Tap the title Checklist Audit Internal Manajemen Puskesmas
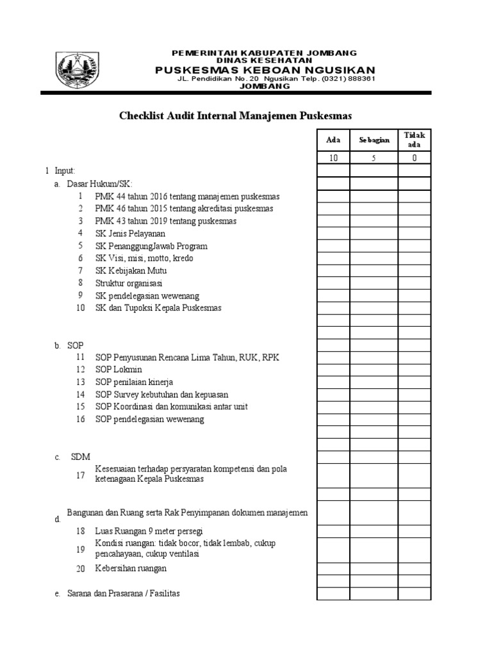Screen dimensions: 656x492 coord(236,116)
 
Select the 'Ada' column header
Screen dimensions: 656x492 coord(333,140)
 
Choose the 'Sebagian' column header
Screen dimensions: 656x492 coord(373,140)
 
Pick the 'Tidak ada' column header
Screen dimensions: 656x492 coord(414,140)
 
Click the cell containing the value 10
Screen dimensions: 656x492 coord(333,158)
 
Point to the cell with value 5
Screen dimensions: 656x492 coord(373,158)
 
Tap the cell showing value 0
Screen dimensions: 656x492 coord(414,158)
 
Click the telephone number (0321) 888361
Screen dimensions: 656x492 coord(348,79)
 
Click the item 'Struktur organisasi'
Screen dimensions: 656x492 coord(129,283)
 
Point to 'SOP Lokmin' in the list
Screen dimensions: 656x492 coord(119,370)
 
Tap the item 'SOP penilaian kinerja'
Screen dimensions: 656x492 coord(134,382)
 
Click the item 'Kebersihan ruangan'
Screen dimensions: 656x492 coord(131,568)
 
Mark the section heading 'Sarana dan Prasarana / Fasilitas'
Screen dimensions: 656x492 coord(124,593)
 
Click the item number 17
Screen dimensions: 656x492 coord(80,475)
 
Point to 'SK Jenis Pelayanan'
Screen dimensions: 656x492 coord(130,233)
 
